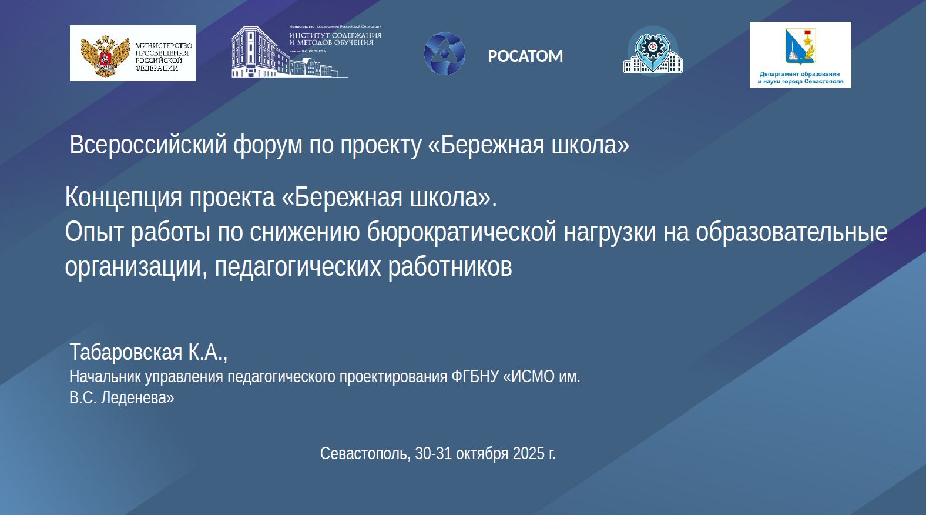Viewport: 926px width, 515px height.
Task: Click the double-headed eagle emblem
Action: click(105, 56)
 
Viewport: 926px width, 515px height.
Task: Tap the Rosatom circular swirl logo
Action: click(444, 53)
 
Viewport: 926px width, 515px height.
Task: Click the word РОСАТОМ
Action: click(525, 56)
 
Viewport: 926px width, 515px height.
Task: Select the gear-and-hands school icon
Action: click(653, 52)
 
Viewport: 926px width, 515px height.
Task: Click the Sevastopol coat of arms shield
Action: click(800, 45)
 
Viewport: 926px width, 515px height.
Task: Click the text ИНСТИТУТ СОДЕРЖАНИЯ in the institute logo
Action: click(335, 36)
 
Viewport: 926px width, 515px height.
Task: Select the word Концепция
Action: click(123, 198)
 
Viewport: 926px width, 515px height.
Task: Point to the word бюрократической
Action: click(462, 232)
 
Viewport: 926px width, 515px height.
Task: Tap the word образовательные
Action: click(791, 232)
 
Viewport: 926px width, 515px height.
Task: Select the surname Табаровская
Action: click(126, 352)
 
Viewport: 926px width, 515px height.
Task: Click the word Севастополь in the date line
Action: click(365, 453)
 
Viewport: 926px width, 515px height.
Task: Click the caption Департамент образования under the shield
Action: click(800, 74)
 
